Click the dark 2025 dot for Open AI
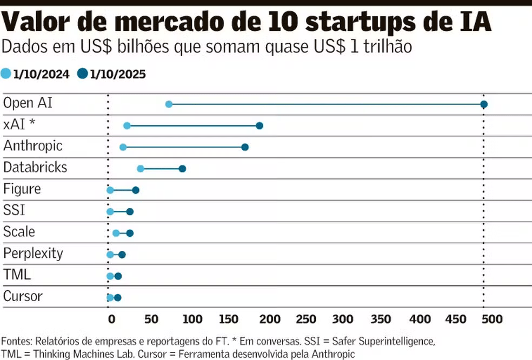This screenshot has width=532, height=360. pos(484,104)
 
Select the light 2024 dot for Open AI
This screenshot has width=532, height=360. pos(169,104)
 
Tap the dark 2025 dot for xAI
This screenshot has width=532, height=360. pos(260,126)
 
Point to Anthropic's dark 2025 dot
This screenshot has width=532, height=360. pos(245,147)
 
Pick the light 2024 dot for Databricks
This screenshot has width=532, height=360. pos(141,169)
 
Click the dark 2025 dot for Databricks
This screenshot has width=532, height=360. pos(182,169)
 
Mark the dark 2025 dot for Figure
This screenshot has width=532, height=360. pos(136,190)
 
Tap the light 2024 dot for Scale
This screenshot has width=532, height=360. pos(116,233)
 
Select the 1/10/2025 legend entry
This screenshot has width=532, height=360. pos(112,75)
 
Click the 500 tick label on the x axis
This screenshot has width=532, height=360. pos(492,319)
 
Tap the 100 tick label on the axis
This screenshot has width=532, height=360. pos(192,319)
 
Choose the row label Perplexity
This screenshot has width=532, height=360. pos(33,254)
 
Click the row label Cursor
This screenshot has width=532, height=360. pos(23,297)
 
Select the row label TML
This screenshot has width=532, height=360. pos(17,275)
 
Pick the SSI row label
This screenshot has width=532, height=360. pos(14,210)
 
